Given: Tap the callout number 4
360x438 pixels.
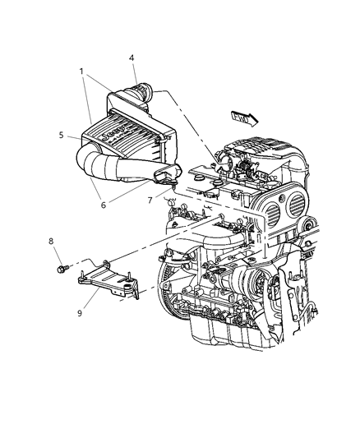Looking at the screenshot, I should tap(132, 58).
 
